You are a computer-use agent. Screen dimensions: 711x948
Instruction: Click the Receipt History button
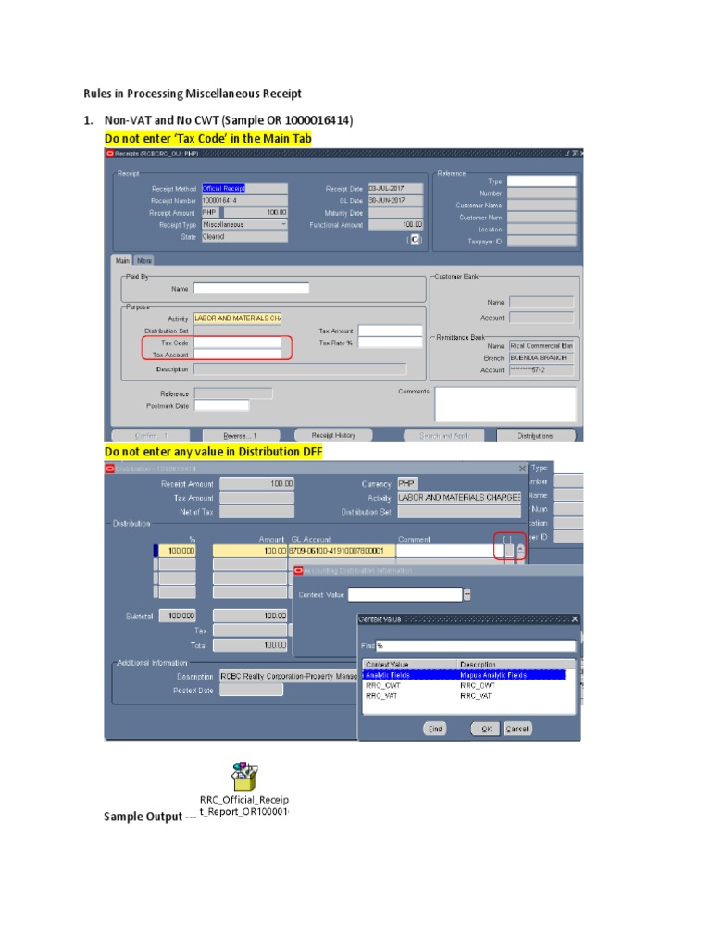click(333, 435)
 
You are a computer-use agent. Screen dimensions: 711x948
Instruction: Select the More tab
click(144, 261)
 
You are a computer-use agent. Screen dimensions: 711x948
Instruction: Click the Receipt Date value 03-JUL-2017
click(394, 188)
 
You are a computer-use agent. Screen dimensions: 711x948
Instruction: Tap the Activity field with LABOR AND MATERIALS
click(237, 318)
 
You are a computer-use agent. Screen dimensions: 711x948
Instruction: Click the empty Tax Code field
click(237, 343)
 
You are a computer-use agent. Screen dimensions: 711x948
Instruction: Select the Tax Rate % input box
click(390, 343)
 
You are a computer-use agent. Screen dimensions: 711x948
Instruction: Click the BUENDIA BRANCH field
click(541, 357)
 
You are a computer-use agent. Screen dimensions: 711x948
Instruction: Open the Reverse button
click(241, 435)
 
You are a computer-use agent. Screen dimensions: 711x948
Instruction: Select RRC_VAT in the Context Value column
click(381, 695)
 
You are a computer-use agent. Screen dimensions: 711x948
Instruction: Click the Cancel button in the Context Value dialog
click(518, 729)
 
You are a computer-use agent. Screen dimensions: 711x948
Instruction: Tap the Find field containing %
click(476, 645)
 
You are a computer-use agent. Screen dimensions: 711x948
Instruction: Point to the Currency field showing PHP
click(407, 483)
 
